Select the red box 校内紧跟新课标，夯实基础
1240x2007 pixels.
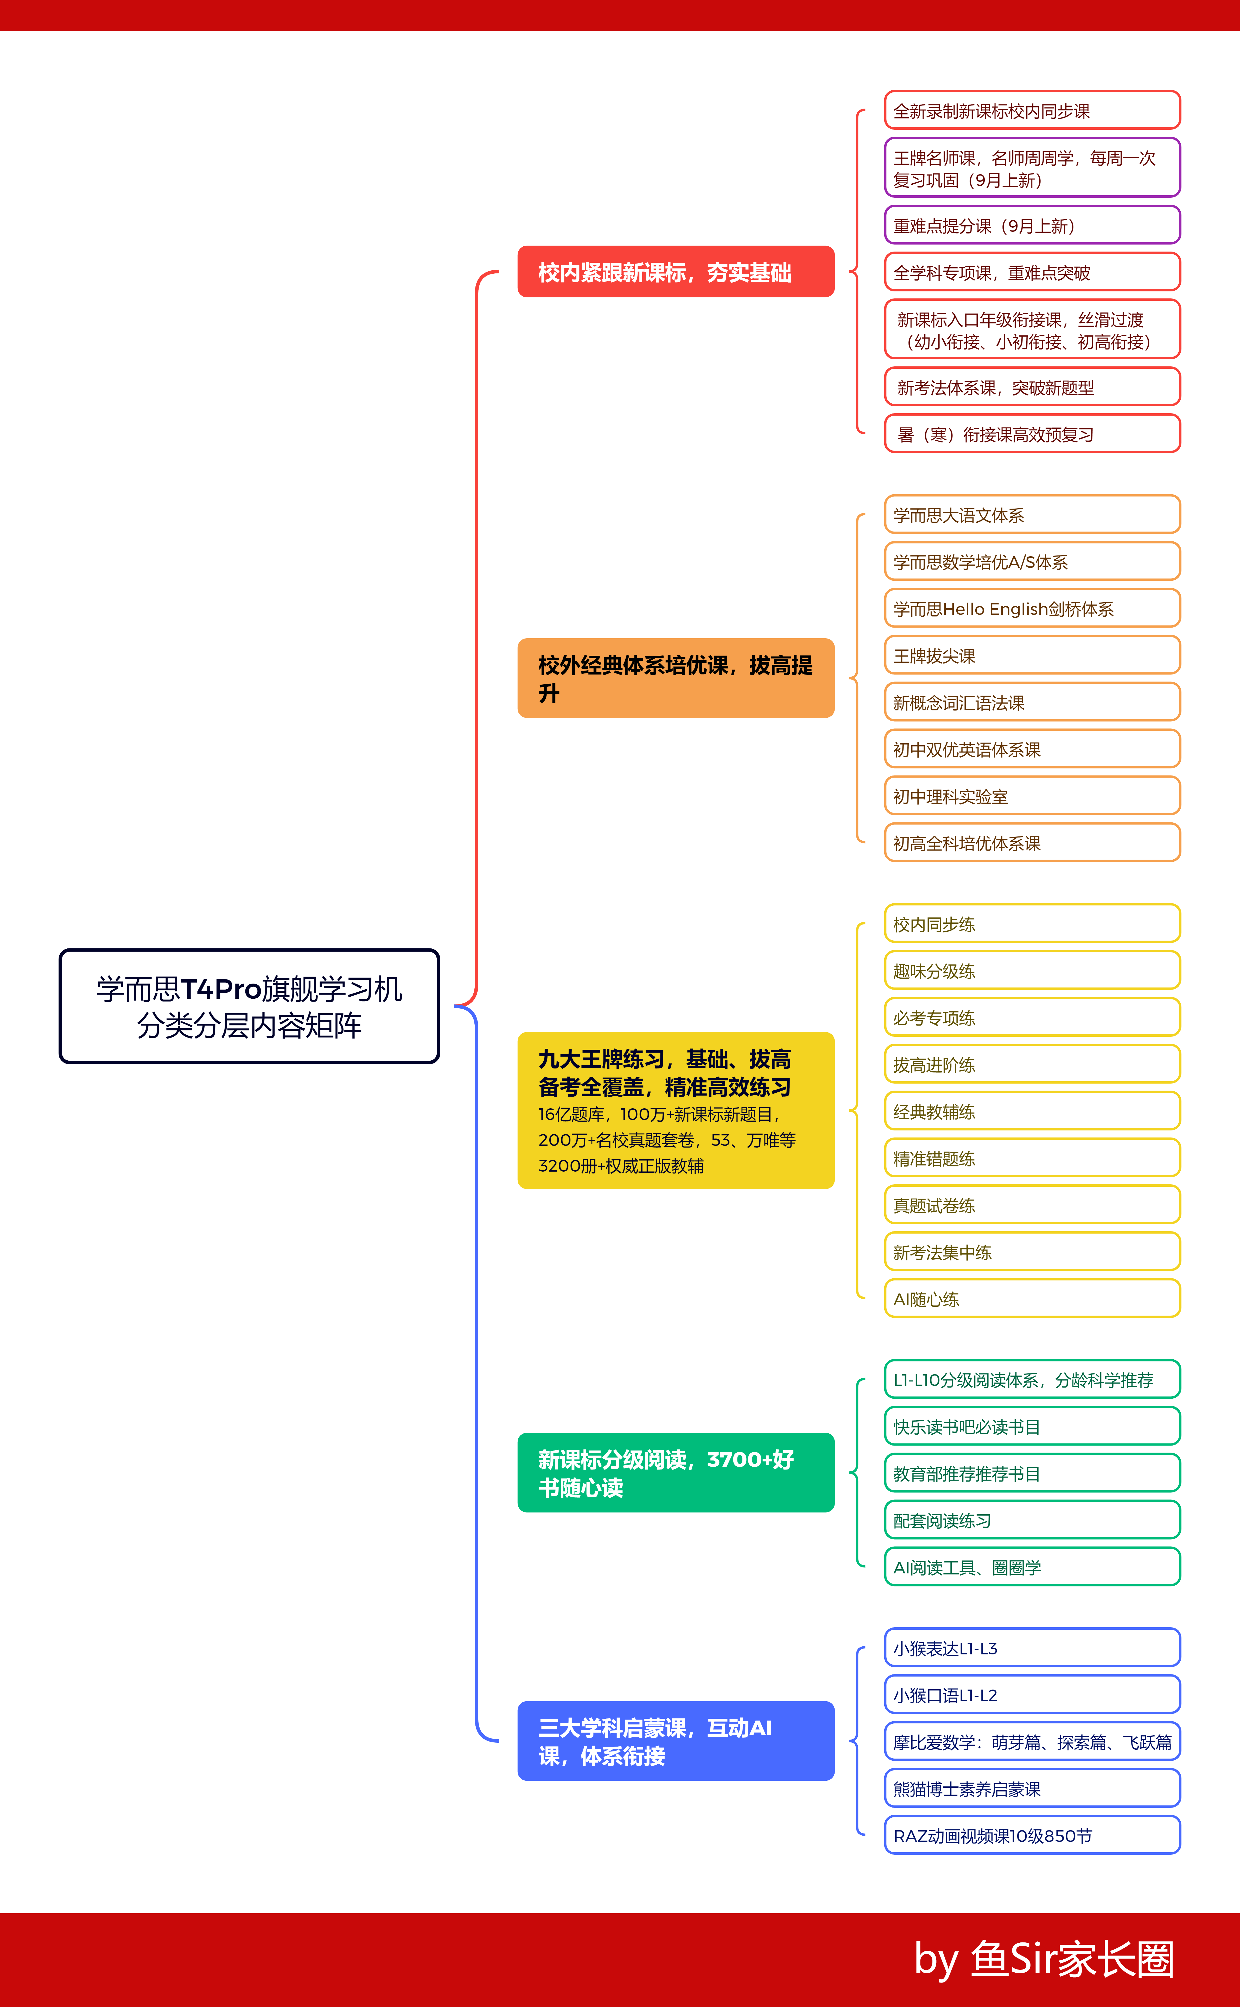pyautogui.click(x=676, y=272)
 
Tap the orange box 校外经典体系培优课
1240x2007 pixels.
pyautogui.click(x=676, y=678)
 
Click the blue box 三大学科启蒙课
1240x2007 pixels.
pyautogui.click(x=676, y=1740)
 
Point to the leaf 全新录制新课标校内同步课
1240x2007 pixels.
pyautogui.click(x=1032, y=111)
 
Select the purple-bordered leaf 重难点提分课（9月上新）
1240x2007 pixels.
pyautogui.click(x=1032, y=226)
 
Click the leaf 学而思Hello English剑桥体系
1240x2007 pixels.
pyautogui.click(x=1032, y=609)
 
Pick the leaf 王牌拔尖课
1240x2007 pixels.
pyautogui.click(x=1032, y=656)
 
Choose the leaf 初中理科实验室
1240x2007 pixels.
pyautogui.click(x=1032, y=796)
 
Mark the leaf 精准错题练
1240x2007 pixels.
pyautogui.click(x=1032, y=1159)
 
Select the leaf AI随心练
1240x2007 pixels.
pyautogui.click(x=1032, y=1299)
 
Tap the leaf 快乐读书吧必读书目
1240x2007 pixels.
pyautogui.click(x=1032, y=1427)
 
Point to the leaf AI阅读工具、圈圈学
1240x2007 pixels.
pyautogui.click(x=1032, y=1567)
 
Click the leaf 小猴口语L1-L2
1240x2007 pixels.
pyautogui.click(x=1032, y=1695)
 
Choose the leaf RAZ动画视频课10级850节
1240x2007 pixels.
pyautogui.click(x=1032, y=1835)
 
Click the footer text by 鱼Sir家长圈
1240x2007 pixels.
pyautogui.click(x=1043, y=1959)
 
